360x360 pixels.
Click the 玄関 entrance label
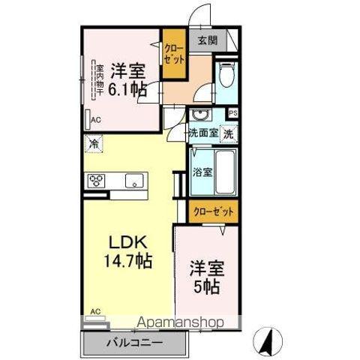tap(208, 41)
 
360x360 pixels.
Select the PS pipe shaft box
tap(233, 113)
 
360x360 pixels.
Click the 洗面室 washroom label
tap(202, 133)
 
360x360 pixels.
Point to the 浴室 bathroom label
tap(202, 171)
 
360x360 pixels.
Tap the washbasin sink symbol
tap(199, 115)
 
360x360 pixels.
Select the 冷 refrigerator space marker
tap(94, 142)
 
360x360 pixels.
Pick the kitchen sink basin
tap(135, 180)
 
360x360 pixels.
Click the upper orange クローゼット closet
tap(174, 54)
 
